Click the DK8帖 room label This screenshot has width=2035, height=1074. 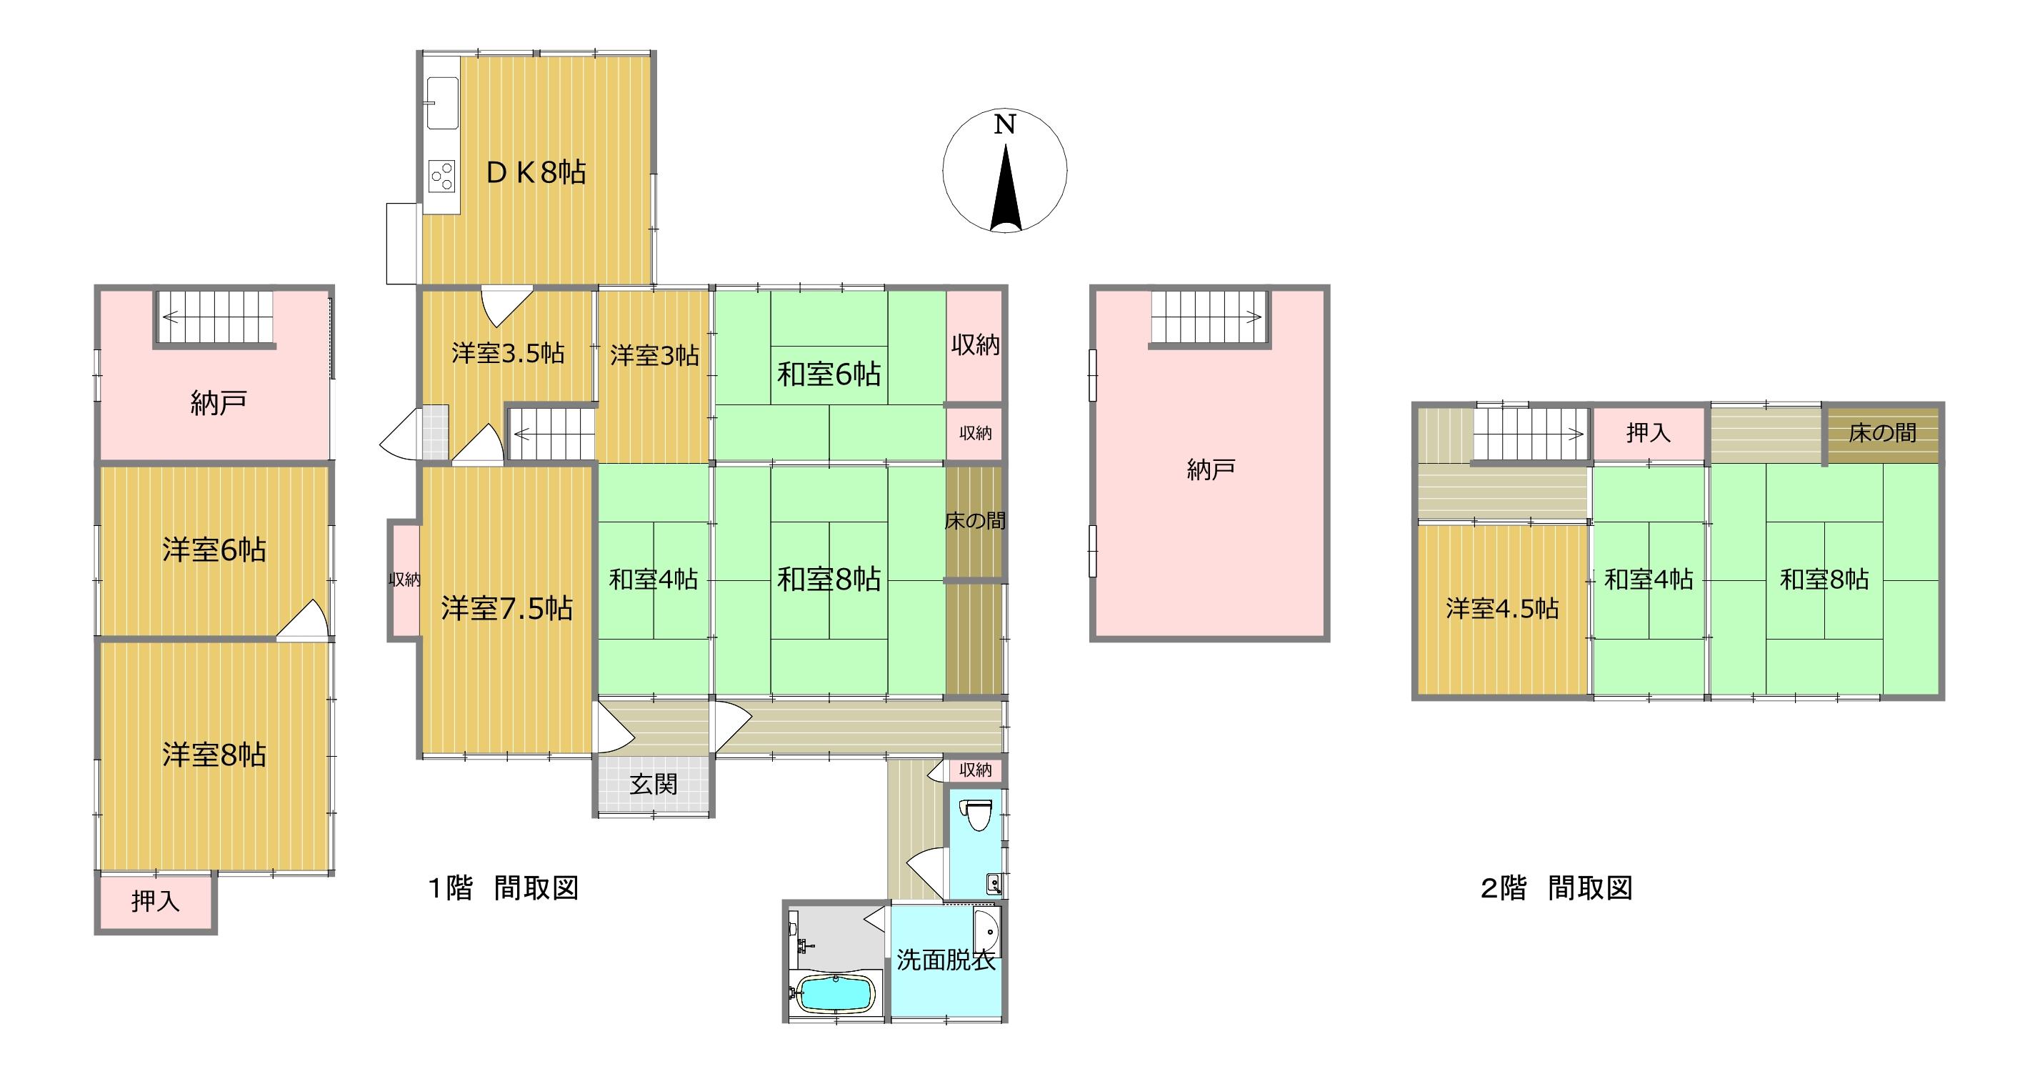pyautogui.click(x=536, y=171)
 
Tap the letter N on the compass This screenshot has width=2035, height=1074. pyautogui.click(x=1004, y=125)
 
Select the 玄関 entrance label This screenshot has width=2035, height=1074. pyautogui.click(x=654, y=785)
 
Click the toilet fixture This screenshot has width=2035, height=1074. pyautogui.click(x=976, y=815)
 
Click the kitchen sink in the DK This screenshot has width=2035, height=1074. pyautogui.click(x=441, y=103)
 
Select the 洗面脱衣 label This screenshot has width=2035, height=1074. pyautogui.click(x=946, y=960)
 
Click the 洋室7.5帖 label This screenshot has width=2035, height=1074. pyautogui.click(x=506, y=609)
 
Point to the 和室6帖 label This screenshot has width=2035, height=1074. pyautogui.click(x=829, y=374)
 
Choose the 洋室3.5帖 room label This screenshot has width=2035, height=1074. pyautogui.click(x=507, y=353)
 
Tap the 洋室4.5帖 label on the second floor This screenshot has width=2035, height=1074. pyautogui.click(x=1501, y=609)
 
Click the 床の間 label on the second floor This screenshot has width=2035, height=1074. pyautogui.click(x=1883, y=433)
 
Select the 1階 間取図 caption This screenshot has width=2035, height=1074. pyautogui.click(x=504, y=888)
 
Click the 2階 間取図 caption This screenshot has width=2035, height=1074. pyautogui.click(x=1556, y=888)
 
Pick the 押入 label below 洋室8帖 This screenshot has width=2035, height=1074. pyautogui.click(x=156, y=901)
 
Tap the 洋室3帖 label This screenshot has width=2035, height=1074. pyautogui.click(x=654, y=356)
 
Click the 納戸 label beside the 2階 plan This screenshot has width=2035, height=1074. pyautogui.click(x=1210, y=470)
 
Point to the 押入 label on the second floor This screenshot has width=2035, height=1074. pyautogui.click(x=1648, y=432)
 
